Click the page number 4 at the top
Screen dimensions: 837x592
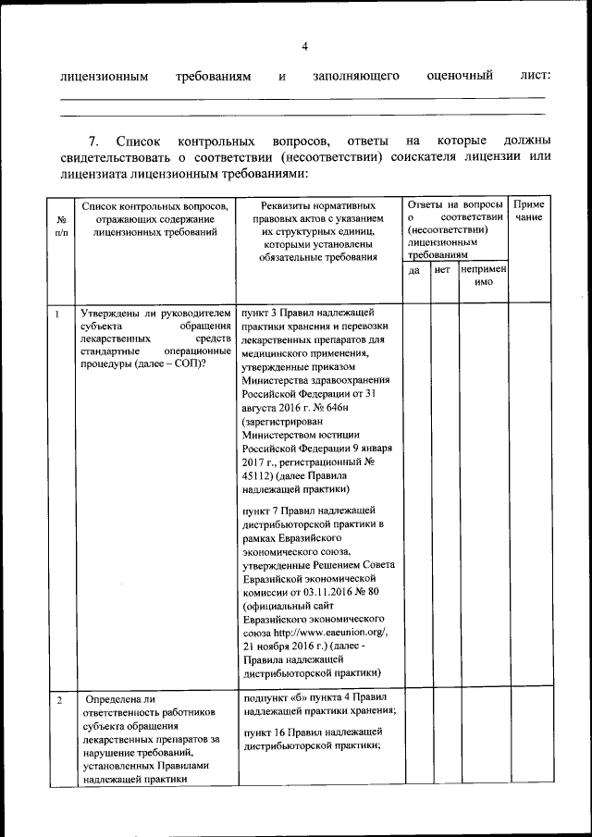(x=304, y=47)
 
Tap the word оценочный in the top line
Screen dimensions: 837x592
(x=460, y=75)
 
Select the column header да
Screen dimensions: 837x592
(x=414, y=270)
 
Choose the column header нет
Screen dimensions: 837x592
(x=442, y=270)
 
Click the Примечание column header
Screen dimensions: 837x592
(x=529, y=210)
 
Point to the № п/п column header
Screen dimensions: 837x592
(x=61, y=227)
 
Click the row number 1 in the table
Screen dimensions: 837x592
(x=57, y=314)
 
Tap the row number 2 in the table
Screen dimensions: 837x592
(x=58, y=701)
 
